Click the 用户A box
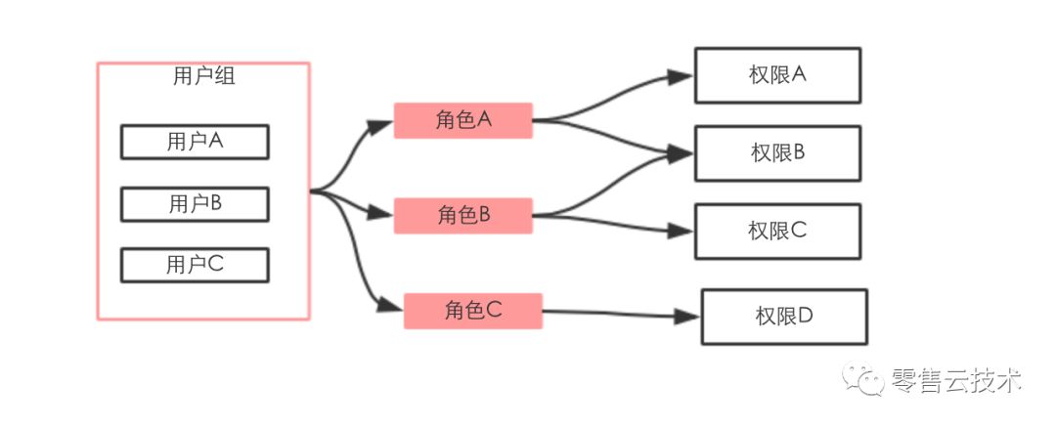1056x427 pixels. click(195, 142)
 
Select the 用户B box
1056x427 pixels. click(195, 203)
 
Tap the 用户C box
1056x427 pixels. click(195, 264)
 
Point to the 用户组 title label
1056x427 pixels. click(203, 77)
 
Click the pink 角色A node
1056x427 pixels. click(462, 120)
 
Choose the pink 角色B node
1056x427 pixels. click(462, 215)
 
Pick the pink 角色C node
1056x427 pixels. click(472, 311)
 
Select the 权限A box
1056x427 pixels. click(777, 74)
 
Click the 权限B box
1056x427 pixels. click(777, 153)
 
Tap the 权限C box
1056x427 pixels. click(777, 232)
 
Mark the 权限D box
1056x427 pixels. click(784, 317)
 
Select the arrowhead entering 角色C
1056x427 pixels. click(390, 308)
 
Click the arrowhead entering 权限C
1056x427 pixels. click(681, 232)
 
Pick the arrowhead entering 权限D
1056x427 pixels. click(687, 317)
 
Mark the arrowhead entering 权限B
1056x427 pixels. click(681, 152)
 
